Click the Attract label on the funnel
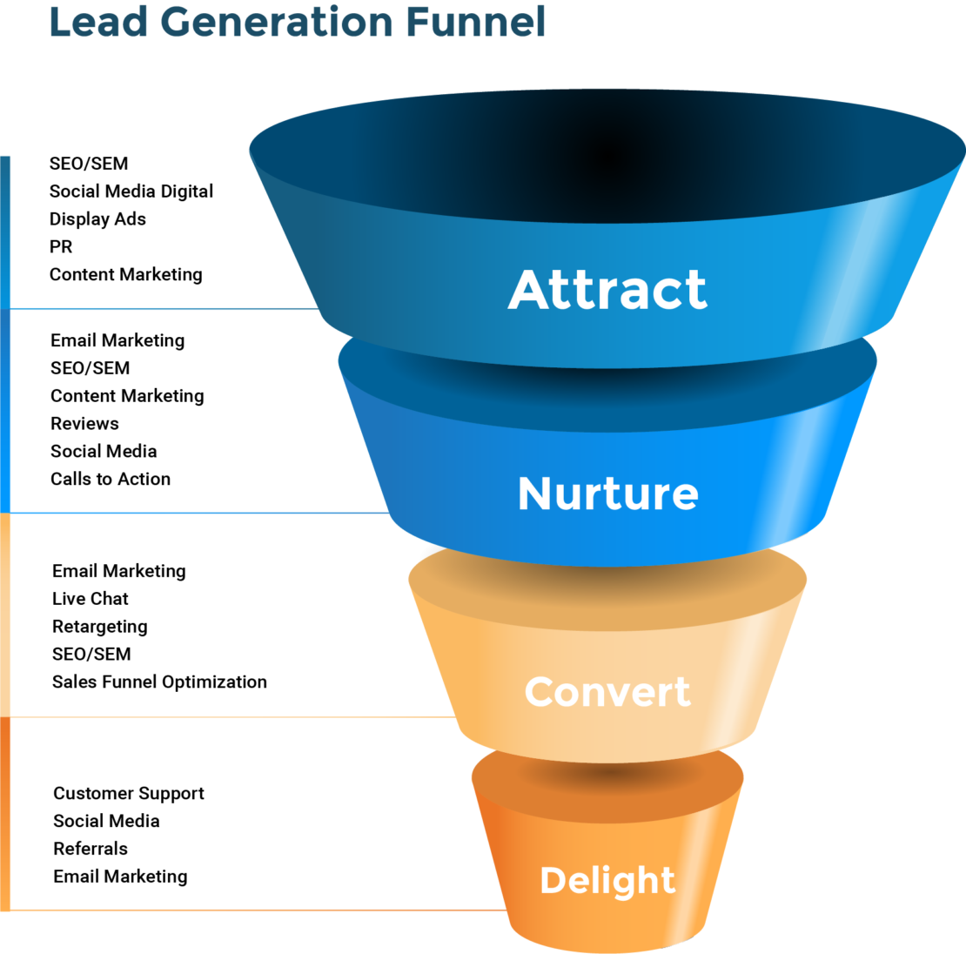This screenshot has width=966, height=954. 607,290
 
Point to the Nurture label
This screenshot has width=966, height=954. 607,494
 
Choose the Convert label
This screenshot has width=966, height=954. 607,692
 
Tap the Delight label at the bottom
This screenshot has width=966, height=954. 607,880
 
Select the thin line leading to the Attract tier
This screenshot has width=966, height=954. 165,308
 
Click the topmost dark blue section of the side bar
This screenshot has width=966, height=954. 5,231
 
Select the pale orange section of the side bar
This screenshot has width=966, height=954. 5,615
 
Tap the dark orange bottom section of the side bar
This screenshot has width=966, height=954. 5,814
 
